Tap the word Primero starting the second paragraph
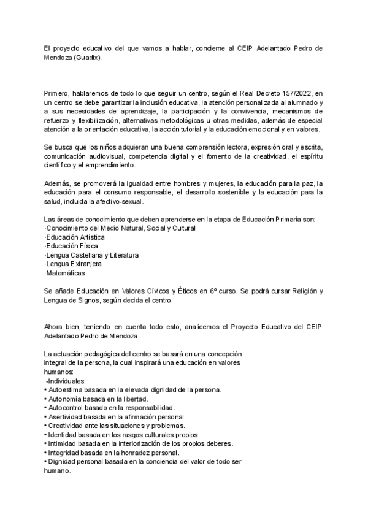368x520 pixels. tap(58, 91)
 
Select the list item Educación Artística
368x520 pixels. tap(70, 237)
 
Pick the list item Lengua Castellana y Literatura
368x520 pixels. tap(91, 254)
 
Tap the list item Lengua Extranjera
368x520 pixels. tap(69, 264)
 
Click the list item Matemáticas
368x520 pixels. tap(64, 273)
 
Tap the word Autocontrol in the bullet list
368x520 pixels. tap(68, 408)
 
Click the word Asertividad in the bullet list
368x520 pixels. tap(67, 417)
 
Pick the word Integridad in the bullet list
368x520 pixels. tap(66, 453)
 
